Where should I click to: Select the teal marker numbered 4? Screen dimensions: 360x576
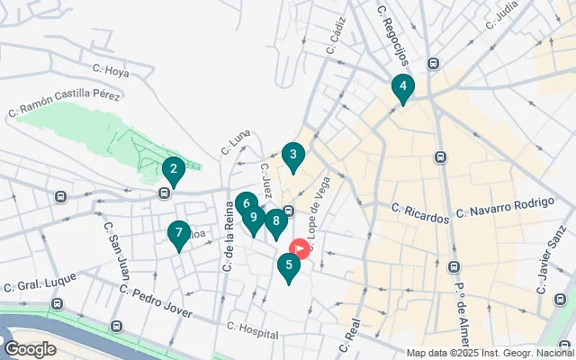coord(403,88)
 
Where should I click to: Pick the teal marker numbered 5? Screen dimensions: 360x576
coord(288,265)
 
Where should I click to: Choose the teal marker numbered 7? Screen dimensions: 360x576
coord(179,234)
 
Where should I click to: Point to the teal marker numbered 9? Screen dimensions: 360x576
coord(254,218)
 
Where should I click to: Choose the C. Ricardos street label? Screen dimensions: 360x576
coord(420,213)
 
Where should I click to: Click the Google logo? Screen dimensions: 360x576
coord(30,349)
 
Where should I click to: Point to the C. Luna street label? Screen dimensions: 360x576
coord(235,140)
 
